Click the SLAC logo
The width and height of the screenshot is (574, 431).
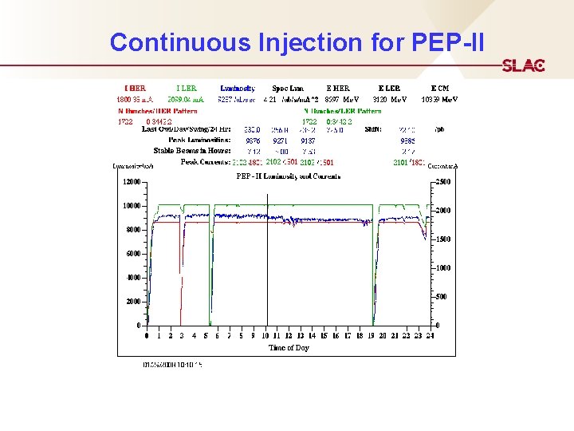523,65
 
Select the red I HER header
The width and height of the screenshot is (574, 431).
135,88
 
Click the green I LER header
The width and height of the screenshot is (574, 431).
186,88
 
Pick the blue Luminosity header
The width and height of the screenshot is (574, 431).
238,88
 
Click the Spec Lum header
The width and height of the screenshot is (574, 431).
287,88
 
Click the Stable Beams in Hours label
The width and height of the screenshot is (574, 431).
192,150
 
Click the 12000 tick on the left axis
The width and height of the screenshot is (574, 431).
130,182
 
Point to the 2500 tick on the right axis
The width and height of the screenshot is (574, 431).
444,182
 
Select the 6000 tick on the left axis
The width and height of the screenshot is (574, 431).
132,254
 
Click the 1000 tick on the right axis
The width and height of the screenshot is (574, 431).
444,268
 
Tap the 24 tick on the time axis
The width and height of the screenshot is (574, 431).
430,336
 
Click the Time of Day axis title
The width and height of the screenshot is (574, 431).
289,348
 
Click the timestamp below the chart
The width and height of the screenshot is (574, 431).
172,365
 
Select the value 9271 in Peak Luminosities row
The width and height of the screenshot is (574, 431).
280,140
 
